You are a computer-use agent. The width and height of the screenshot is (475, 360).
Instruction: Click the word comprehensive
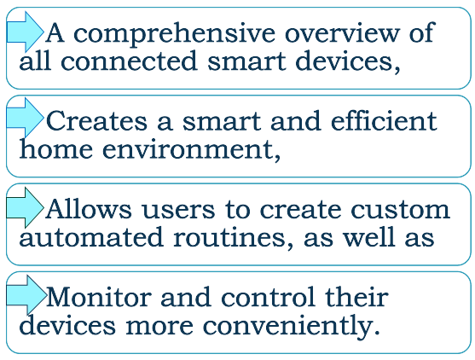(x=174, y=34)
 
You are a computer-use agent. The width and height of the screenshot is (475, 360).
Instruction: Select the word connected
(x=129, y=61)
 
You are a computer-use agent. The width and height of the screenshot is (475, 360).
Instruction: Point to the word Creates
(x=97, y=120)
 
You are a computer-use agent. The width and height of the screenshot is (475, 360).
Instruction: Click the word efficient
(x=384, y=120)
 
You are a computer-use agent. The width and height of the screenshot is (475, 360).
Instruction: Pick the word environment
(x=191, y=149)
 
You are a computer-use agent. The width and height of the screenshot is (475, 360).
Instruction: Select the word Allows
(x=89, y=208)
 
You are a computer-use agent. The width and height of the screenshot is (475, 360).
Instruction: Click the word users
(x=178, y=210)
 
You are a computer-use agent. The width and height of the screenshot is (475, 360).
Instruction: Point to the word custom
(x=400, y=209)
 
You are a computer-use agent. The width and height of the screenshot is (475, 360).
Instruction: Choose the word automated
(x=91, y=237)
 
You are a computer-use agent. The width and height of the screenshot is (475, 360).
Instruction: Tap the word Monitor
(x=99, y=297)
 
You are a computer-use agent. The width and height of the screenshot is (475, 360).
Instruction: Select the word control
(x=268, y=296)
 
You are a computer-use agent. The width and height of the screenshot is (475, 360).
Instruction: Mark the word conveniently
(x=291, y=327)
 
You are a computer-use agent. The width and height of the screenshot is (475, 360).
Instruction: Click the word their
(x=356, y=296)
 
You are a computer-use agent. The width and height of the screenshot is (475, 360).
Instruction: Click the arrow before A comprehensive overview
(x=25, y=32)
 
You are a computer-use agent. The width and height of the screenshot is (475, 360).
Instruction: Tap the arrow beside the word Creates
(x=25, y=118)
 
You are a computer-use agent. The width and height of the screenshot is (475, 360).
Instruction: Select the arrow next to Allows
(x=25, y=207)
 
